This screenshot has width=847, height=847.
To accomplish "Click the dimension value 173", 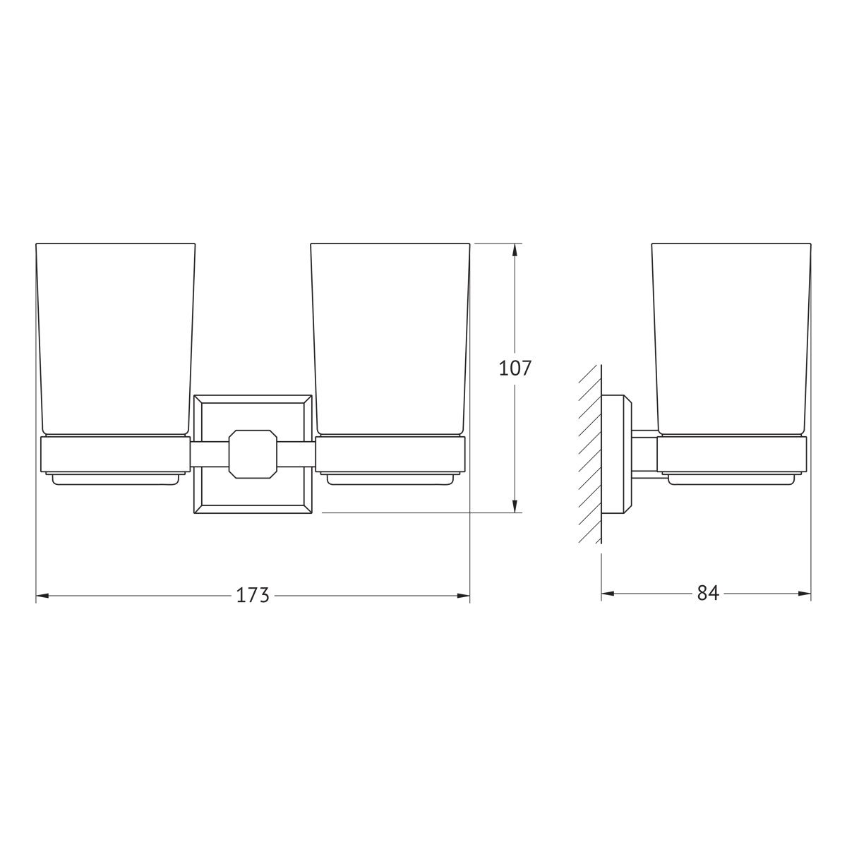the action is coord(252,595).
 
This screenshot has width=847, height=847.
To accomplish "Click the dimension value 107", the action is coord(515,368).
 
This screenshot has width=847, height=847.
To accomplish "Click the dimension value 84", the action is coord(708,594).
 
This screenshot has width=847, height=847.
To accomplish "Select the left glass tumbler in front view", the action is coord(115,340).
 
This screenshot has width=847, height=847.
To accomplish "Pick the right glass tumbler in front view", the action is coord(390,340).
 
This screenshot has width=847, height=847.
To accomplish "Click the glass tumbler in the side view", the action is coord(731,340).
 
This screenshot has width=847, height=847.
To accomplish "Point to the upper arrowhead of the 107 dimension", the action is coord(515,250).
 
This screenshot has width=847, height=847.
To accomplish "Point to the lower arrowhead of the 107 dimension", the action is coord(515,505).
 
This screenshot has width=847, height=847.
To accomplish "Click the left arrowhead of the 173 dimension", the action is coord(42,596).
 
